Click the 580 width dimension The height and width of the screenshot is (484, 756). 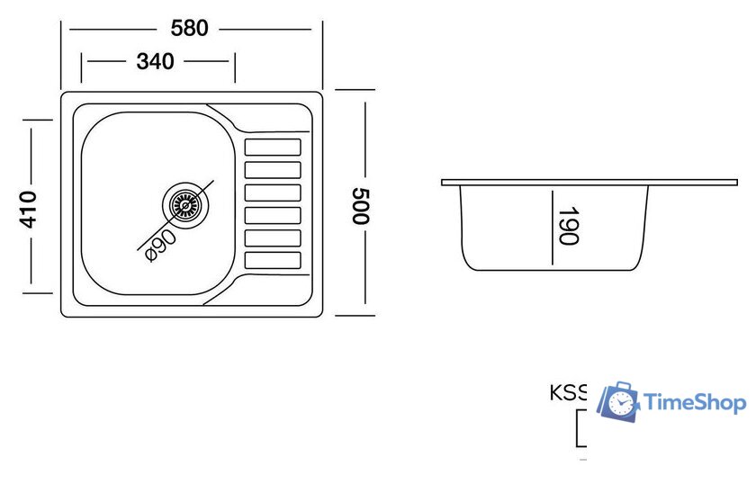(189, 28)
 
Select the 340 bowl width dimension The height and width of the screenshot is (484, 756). (155, 61)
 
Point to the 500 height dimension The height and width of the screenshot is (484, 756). (361, 206)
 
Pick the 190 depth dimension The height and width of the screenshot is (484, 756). (568, 225)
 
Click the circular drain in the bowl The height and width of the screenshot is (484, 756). (185, 203)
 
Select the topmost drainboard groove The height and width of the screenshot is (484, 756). (273, 147)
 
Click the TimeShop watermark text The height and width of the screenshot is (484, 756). (696, 402)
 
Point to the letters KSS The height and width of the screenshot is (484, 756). (568, 393)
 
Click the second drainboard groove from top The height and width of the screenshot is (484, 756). (273, 169)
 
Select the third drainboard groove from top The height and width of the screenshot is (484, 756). (273, 193)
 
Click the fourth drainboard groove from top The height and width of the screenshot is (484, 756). (273, 215)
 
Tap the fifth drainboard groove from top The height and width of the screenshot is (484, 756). (273, 238)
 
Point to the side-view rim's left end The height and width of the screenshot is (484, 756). (444, 183)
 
